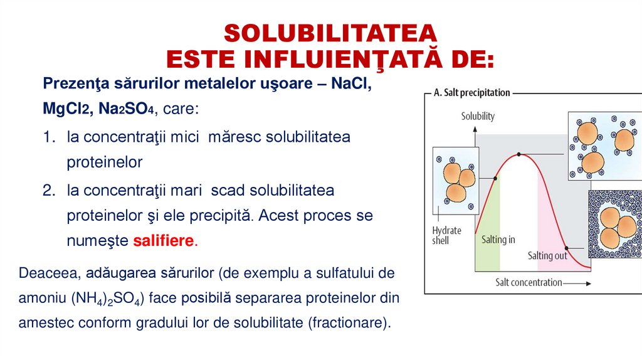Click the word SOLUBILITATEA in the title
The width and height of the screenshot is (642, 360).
click(x=329, y=33)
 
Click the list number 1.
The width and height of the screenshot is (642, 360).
click(x=50, y=136)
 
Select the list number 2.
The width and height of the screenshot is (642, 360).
click(x=50, y=189)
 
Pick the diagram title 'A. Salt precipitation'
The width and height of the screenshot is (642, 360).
click(x=471, y=93)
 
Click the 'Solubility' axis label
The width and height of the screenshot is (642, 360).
click(x=478, y=116)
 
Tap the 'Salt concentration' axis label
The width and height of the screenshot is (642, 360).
click(x=529, y=282)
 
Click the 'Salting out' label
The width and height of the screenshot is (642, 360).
click(x=547, y=255)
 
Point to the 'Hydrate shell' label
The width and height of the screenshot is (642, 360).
click(x=446, y=235)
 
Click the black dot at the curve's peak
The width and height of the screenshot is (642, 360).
click(x=519, y=154)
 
